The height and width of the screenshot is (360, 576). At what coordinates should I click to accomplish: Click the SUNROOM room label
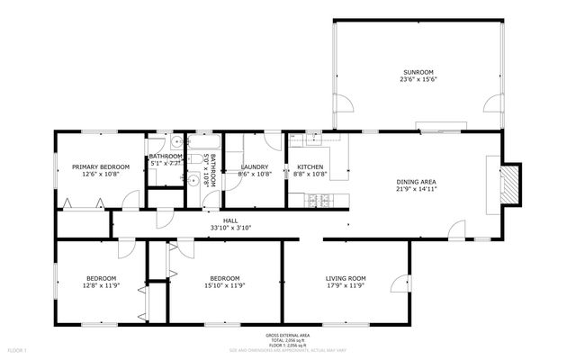418,71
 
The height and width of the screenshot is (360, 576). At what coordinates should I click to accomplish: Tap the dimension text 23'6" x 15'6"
418,79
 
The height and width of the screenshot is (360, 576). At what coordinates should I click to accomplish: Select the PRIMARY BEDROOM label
101,166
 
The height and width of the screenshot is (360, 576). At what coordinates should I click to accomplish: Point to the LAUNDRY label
256,166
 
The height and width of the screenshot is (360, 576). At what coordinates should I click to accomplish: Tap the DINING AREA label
417,183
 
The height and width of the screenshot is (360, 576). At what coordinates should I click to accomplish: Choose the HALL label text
231,220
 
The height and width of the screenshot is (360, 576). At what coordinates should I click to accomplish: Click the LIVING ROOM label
346,278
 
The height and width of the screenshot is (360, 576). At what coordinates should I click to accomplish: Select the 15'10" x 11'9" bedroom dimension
223,286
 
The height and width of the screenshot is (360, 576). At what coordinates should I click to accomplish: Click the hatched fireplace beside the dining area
510,184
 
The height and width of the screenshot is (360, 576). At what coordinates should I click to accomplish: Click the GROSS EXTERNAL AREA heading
288,335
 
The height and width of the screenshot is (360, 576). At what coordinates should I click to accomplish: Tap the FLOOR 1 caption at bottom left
17,349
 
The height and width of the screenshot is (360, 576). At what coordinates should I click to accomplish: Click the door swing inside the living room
396,284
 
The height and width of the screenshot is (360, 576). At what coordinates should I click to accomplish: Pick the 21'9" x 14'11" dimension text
417,190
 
